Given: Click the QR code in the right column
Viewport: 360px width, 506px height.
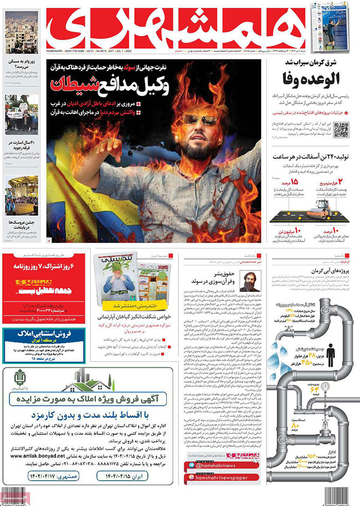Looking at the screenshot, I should (341, 129).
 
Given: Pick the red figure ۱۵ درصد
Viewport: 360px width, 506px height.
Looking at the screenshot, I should (294, 183).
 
